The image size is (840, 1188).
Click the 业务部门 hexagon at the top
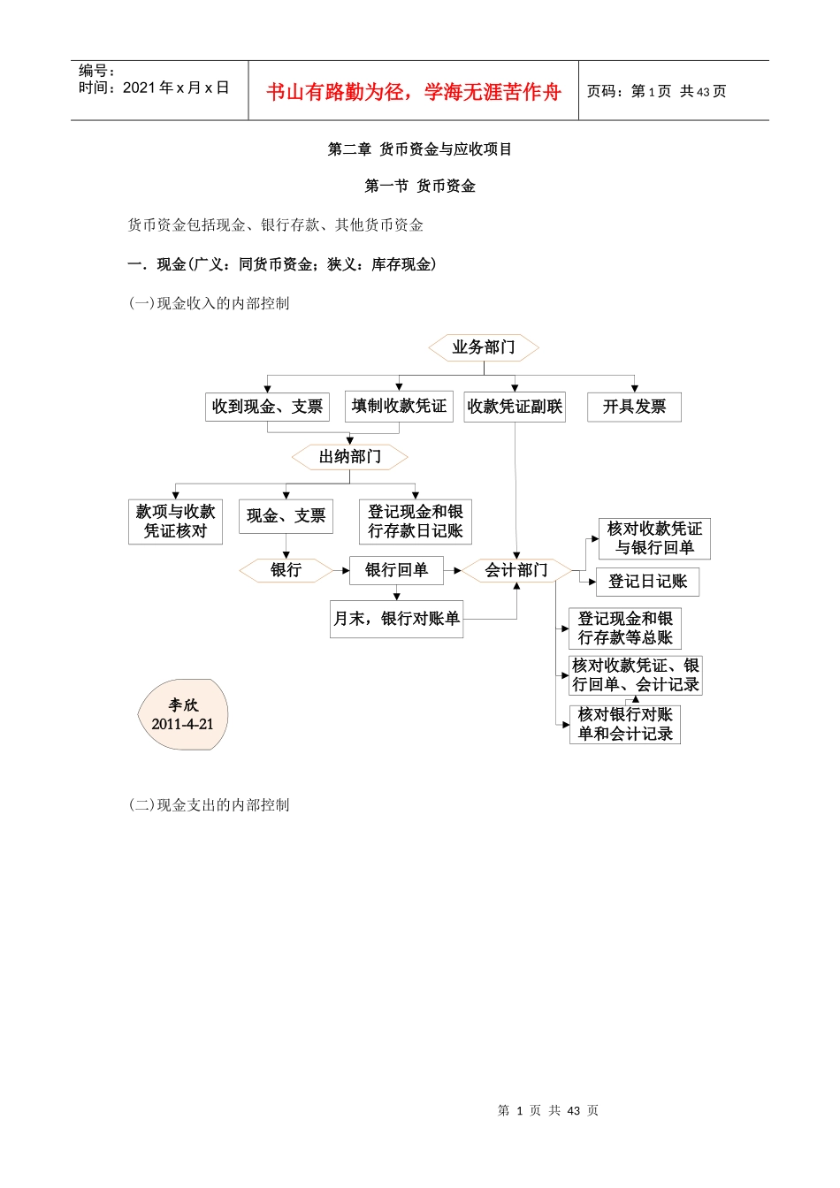(x=484, y=347)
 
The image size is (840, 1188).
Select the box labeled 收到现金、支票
(x=267, y=407)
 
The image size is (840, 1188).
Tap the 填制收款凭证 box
(x=399, y=406)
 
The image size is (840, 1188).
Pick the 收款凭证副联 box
(x=515, y=407)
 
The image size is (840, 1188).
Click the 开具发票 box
(x=634, y=407)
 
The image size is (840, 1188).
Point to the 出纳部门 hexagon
(x=350, y=457)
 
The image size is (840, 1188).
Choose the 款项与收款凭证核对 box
(x=175, y=522)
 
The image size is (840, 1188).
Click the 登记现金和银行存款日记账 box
(x=416, y=522)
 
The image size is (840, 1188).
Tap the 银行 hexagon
(x=286, y=570)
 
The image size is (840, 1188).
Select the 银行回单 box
(x=396, y=570)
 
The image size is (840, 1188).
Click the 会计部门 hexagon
(x=516, y=570)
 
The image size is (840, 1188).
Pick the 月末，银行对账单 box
(x=396, y=619)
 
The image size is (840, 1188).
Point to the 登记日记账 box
(x=648, y=582)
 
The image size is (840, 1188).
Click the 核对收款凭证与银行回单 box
(x=654, y=538)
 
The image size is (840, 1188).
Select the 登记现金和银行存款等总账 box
(x=625, y=628)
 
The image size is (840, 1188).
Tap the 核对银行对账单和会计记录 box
(x=625, y=724)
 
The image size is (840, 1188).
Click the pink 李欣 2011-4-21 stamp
(x=183, y=714)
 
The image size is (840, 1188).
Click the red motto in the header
(x=414, y=92)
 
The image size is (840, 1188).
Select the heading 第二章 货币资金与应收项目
(x=420, y=149)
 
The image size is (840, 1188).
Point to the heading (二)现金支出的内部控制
(x=210, y=805)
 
